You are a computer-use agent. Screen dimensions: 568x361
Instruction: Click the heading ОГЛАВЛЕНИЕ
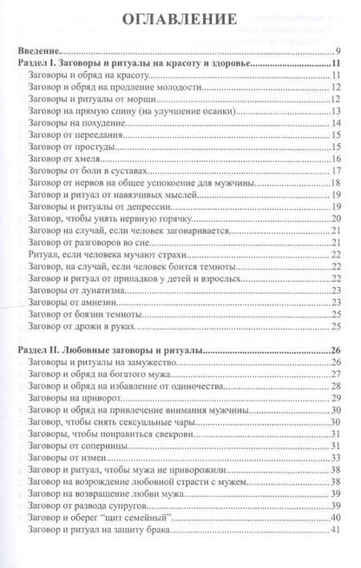pos(180,20)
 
